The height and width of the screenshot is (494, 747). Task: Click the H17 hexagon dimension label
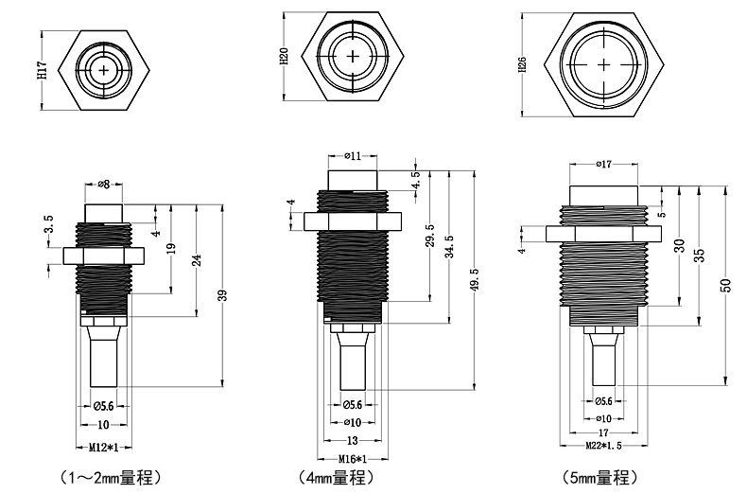(x=42, y=68)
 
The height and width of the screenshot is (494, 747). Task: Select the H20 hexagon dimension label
(x=285, y=56)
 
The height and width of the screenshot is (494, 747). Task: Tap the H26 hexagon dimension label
(x=523, y=64)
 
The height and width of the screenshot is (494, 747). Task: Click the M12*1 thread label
(x=102, y=446)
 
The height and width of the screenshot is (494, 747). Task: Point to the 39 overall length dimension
(x=223, y=294)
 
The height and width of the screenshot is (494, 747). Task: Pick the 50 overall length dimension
(x=725, y=285)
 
